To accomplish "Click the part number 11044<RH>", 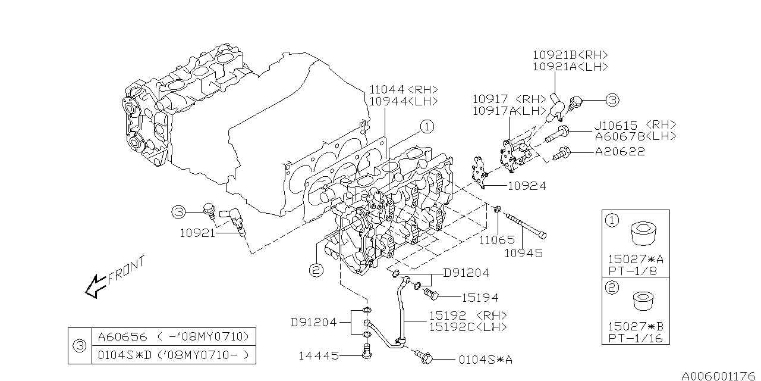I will pyautogui.click(x=403, y=89).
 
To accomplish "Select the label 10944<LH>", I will pyautogui.click(x=403, y=101).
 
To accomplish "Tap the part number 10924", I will pyautogui.click(x=526, y=186).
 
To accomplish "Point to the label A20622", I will pyautogui.click(x=620, y=152).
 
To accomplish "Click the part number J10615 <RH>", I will pyautogui.click(x=636, y=125).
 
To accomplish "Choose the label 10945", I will pyautogui.click(x=523, y=252).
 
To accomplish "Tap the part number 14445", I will pyautogui.click(x=319, y=356).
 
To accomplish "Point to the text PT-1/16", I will pyautogui.click(x=634, y=339).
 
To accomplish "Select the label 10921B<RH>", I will pyautogui.click(x=570, y=55).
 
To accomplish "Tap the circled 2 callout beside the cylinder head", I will pyautogui.click(x=316, y=270).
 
